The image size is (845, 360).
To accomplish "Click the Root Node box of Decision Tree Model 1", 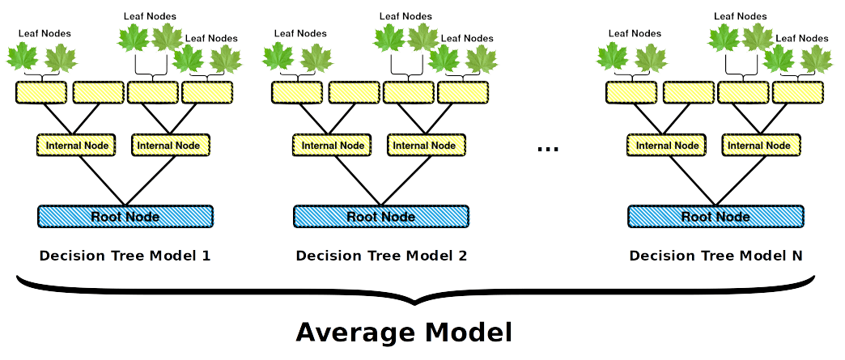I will click(x=125, y=216).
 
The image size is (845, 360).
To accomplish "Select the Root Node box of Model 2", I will click(x=381, y=216).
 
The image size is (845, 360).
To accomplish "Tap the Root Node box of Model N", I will click(x=715, y=216).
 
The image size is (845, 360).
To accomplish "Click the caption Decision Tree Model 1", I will click(x=125, y=256).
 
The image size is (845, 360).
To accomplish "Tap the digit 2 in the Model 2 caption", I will click(x=462, y=256).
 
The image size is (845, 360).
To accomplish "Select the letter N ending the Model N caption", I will click(x=797, y=256).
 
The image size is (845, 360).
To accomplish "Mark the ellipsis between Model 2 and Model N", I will click(x=548, y=148).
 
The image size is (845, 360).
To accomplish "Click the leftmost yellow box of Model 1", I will click(x=41, y=92).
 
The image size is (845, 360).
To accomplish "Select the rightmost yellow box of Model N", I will click(x=797, y=92).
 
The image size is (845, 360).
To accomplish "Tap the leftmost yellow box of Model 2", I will click(x=297, y=92).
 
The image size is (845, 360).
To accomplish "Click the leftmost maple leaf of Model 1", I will click(x=22, y=57).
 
